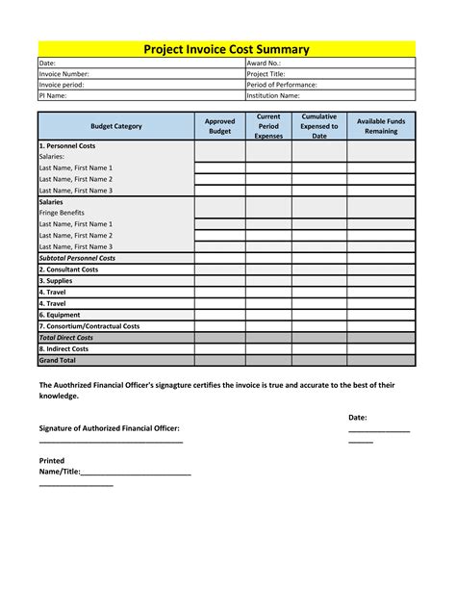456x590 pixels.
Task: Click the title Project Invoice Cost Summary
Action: [227, 49]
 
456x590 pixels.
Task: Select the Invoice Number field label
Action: [63, 73]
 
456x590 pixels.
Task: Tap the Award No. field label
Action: [264, 63]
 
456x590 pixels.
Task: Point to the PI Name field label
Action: [55, 95]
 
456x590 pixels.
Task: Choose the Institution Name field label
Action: [273, 95]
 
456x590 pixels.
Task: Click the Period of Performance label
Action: [281, 85]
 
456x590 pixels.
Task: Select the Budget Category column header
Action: [115, 126]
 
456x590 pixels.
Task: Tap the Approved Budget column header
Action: [219, 126]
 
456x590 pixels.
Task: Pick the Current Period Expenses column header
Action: [268, 126]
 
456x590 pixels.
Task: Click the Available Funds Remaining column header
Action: [381, 126]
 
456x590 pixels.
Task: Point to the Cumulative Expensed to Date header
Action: [318, 126]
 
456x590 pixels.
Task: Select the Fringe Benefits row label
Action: [62, 213]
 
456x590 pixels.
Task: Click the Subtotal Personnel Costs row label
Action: [77, 258]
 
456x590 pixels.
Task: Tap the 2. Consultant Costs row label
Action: [68, 269]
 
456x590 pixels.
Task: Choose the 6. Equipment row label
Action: [60, 315]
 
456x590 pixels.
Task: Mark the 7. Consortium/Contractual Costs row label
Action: [89, 326]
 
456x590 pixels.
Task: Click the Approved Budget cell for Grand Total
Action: [219, 360]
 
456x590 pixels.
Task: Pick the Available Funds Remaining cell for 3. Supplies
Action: [381, 281]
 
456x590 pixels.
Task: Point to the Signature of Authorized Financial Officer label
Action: [109, 427]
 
